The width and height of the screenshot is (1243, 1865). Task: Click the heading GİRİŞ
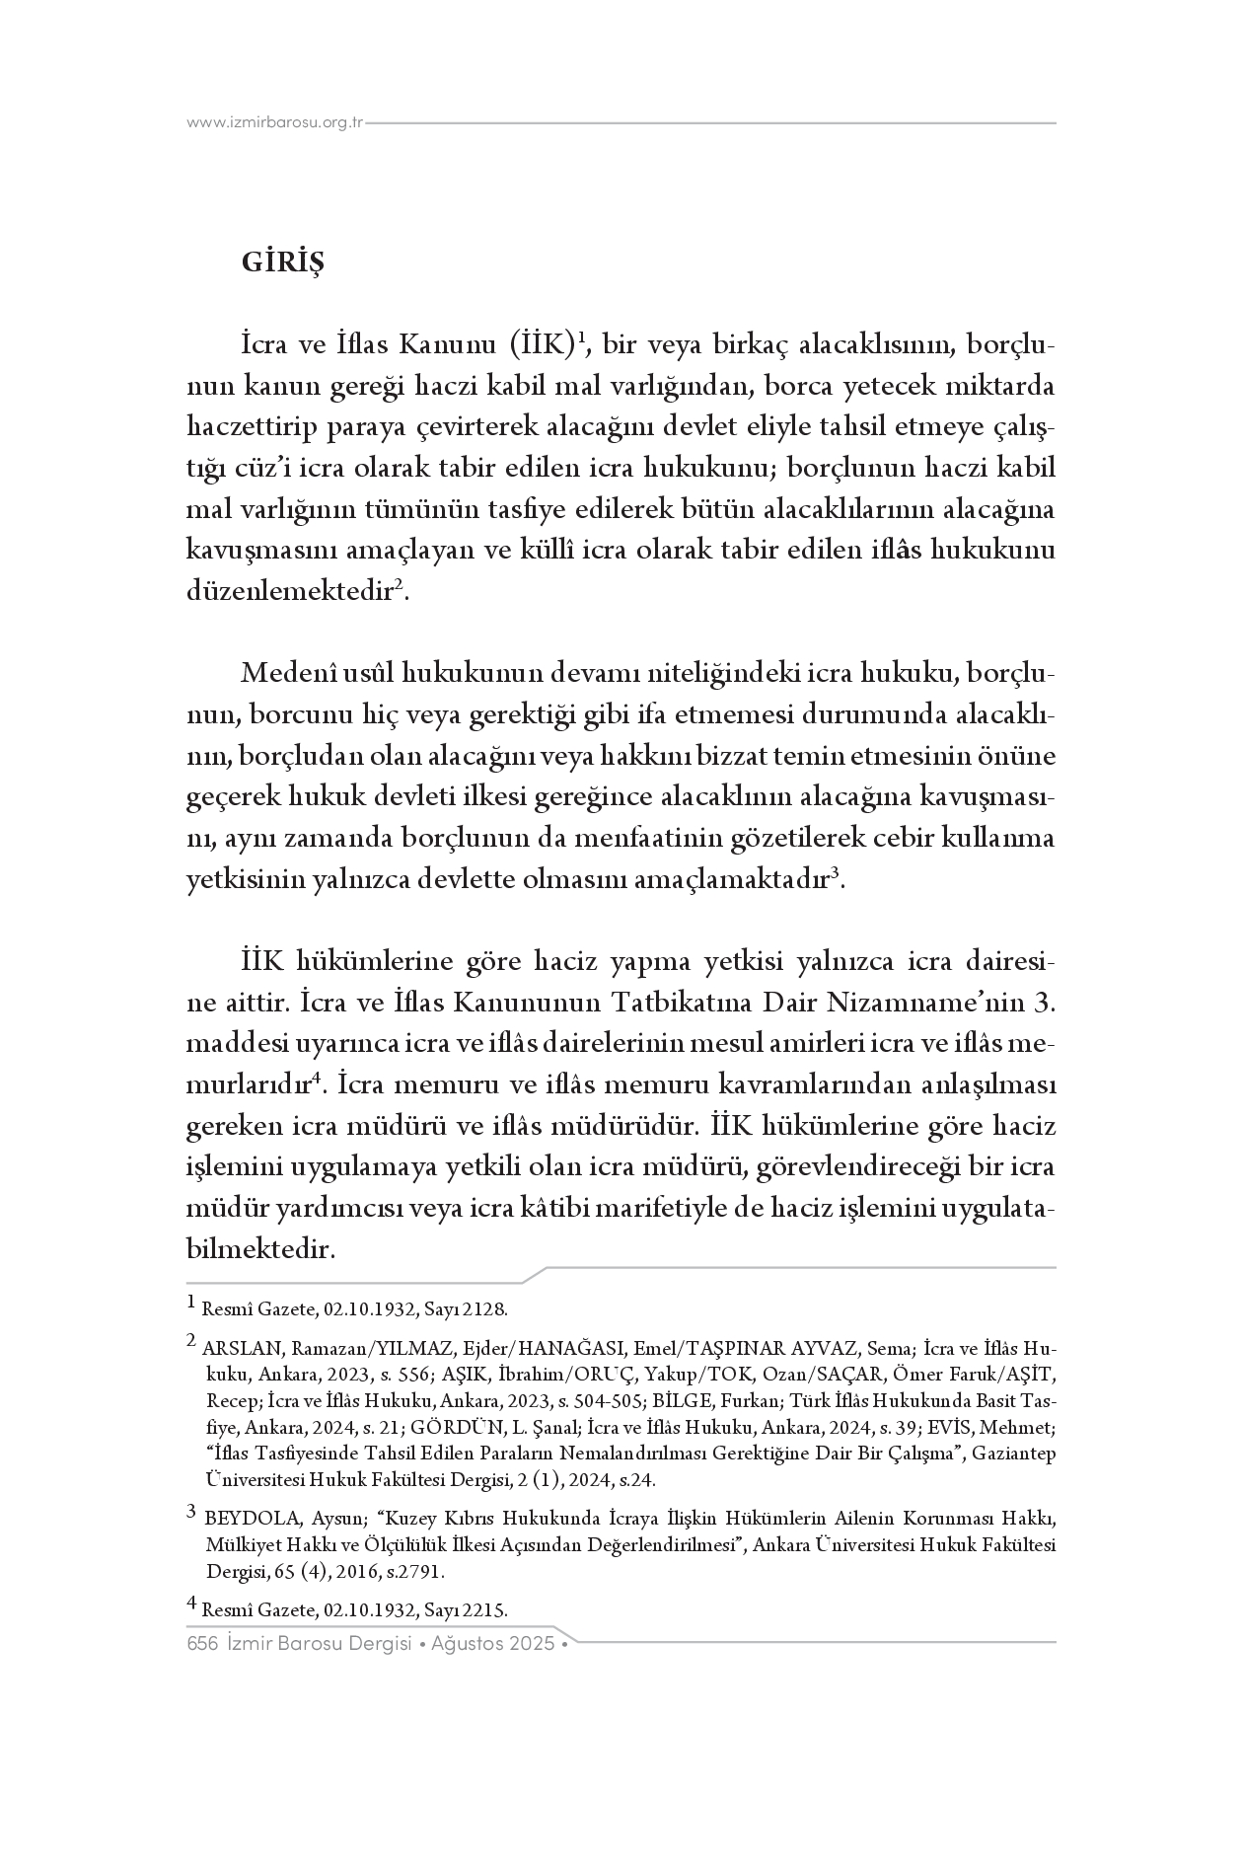tap(282, 263)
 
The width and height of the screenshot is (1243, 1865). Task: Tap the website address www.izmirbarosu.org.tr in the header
tap(275, 123)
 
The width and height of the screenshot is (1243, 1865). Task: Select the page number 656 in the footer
tap(201, 1644)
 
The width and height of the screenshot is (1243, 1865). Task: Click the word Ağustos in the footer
tap(462, 1644)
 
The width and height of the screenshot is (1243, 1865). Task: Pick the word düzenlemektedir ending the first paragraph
tap(290, 592)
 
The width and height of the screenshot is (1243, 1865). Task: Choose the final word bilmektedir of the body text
tap(260, 1249)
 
